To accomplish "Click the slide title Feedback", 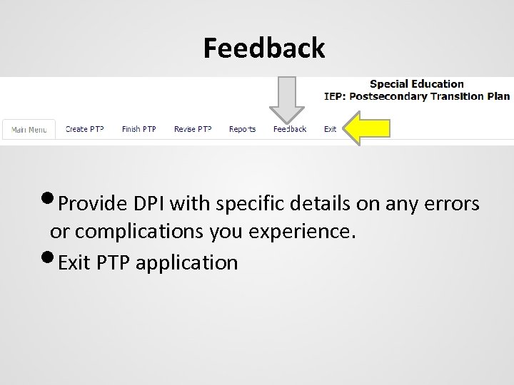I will pos(263,48).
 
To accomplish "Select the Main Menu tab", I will pos(29,130).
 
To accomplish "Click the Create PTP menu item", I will pos(84,129).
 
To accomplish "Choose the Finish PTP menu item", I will pos(138,129).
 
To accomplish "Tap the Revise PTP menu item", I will pos(193,129).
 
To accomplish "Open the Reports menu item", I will pos(242,129).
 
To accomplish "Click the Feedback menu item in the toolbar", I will pos(289,129).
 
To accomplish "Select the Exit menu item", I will pos(330,129).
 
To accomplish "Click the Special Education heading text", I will pos(416,84).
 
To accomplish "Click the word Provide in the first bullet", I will pos(91,205).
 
